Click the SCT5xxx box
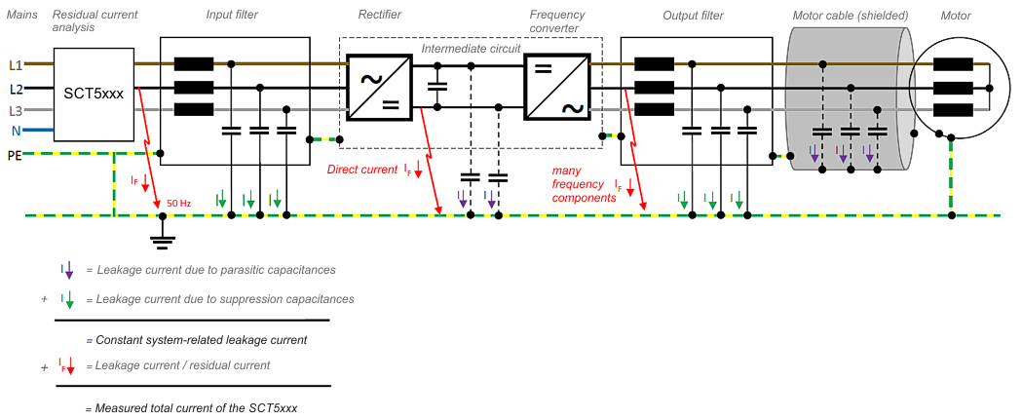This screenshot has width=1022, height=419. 94,93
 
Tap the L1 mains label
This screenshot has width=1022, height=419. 16,65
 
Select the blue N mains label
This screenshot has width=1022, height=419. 17,131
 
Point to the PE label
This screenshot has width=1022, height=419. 15,156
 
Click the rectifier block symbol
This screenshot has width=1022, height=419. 380,88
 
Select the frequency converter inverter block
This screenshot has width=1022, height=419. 556,88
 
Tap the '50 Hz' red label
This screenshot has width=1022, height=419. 179,204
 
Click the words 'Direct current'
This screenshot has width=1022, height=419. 361,171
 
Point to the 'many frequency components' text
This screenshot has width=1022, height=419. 578,184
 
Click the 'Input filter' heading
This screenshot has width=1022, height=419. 232,15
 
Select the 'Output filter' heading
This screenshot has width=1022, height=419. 693,15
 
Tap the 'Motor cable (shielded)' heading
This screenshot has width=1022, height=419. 850,15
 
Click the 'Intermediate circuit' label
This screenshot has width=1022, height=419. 472,49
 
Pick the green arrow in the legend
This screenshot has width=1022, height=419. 67,300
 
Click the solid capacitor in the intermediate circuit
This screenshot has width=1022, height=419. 438,86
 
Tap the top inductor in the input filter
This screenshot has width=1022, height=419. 194,64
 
